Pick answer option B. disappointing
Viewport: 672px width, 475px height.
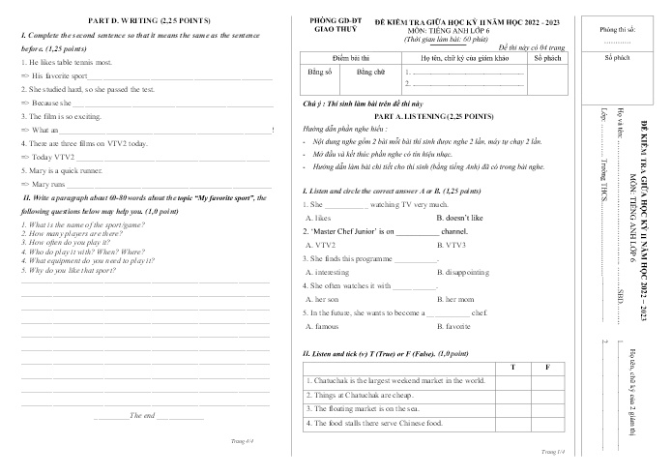coord(468,273)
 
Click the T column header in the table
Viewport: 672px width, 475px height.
coord(512,367)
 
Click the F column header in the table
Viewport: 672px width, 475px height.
coord(547,367)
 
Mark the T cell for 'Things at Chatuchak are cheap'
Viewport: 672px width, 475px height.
coord(512,395)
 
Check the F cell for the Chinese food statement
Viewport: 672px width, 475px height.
coord(547,423)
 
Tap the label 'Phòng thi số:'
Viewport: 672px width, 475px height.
coord(617,30)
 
